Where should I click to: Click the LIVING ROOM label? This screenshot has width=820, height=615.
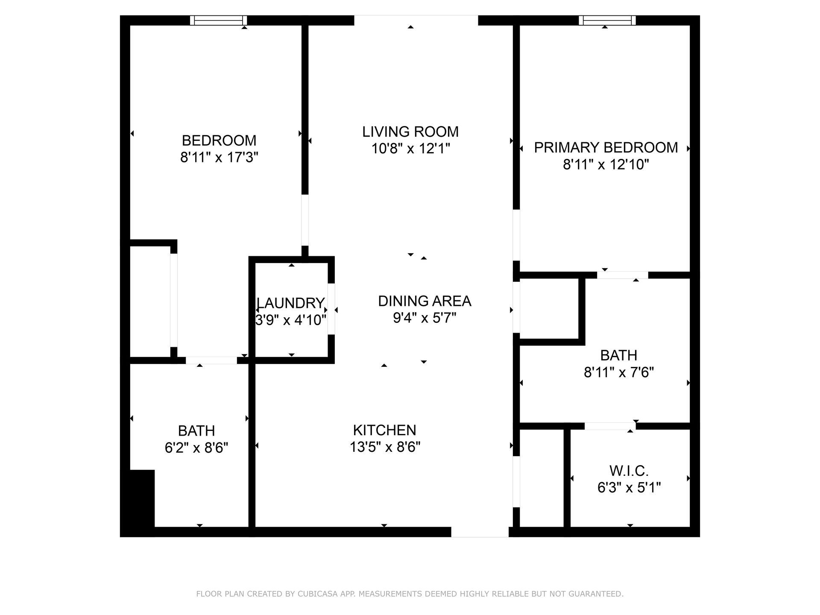[410, 132]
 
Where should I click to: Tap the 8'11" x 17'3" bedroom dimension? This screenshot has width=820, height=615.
[219, 158]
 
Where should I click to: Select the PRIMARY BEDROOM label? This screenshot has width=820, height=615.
[606, 147]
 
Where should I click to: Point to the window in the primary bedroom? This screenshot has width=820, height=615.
[607, 20]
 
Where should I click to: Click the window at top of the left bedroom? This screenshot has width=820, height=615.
[218, 20]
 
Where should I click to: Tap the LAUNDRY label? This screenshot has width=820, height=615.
[290, 303]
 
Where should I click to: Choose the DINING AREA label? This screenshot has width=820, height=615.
[424, 301]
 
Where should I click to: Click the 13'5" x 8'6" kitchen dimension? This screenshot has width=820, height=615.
[385, 447]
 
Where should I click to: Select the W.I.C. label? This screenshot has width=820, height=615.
[629, 471]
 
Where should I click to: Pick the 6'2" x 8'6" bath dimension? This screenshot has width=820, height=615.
[196, 448]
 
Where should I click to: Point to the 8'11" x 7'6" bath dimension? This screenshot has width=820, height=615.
[618, 372]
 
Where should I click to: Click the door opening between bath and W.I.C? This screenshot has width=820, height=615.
[609, 426]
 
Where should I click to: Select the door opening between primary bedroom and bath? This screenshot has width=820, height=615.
[622, 275]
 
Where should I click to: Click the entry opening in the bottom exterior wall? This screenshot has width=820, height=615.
[480, 532]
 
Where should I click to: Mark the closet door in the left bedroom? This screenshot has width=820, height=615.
[173, 300]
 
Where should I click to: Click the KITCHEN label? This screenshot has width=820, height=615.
[384, 430]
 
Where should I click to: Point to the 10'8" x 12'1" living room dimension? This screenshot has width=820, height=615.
[410, 149]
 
